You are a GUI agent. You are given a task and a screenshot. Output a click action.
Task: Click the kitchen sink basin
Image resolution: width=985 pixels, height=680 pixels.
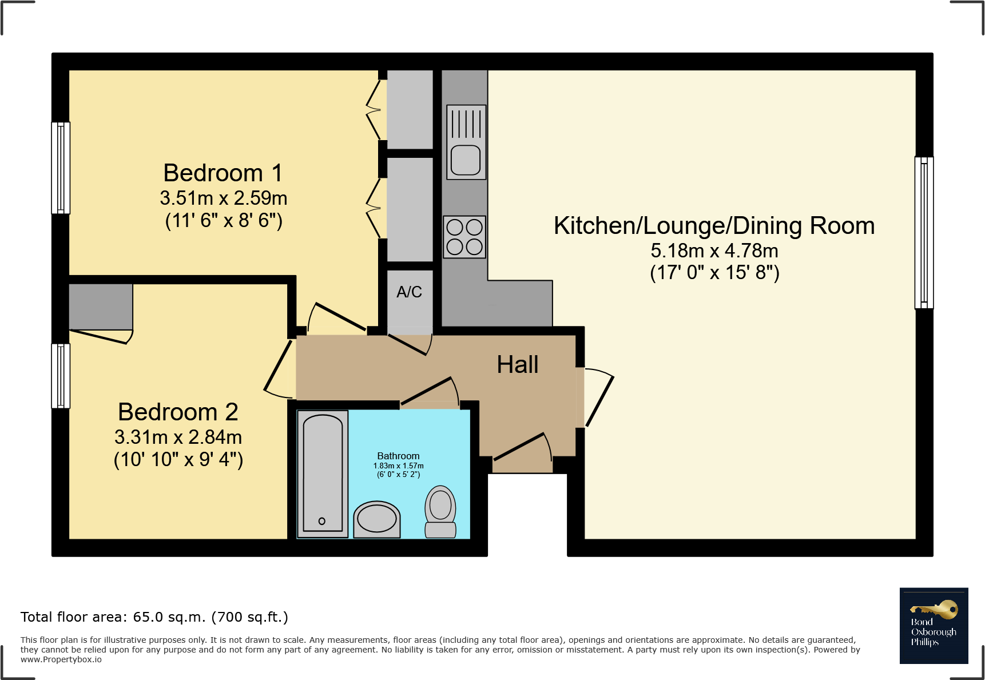pyautogui.click(x=466, y=160)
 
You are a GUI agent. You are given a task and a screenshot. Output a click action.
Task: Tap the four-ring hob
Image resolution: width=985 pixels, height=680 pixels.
pyautogui.click(x=464, y=237)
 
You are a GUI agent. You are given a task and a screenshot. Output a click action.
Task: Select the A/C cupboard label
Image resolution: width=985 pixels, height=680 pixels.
pyautogui.click(x=409, y=292)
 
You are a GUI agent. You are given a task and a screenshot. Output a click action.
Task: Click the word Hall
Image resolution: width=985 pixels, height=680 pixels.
pyautogui.click(x=517, y=365)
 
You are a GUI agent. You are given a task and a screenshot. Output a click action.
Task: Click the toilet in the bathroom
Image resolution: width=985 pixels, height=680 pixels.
pyautogui.click(x=440, y=511)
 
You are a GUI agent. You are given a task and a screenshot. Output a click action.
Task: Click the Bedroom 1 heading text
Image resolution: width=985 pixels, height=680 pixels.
pyautogui.click(x=223, y=173)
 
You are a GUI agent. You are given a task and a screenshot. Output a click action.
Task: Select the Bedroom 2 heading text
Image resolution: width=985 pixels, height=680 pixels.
pyautogui.click(x=178, y=412)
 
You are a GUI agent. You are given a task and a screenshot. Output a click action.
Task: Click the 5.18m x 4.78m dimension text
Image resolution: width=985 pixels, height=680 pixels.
pyautogui.click(x=714, y=250)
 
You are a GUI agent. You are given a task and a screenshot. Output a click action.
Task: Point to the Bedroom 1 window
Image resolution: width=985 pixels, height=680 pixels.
pyautogui.click(x=61, y=168)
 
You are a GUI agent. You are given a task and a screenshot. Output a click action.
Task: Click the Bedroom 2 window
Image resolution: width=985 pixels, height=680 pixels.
pyautogui.click(x=61, y=376)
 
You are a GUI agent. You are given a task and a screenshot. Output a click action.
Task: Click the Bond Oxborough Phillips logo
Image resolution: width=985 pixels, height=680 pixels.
pyautogui.click(x=934, y=625)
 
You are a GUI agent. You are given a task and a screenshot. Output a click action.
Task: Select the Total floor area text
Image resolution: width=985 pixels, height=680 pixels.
pyautogui.click(x=154, y=617)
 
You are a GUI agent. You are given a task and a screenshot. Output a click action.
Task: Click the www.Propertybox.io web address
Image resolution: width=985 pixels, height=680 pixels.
pyautogui.click(x=61, y=659)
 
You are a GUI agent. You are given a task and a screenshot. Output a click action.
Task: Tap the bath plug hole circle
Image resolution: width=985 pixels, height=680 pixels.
pyautogui.click(x=322, y=521)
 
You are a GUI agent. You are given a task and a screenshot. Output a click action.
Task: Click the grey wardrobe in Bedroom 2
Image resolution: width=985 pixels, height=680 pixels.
pyautogui.click(x=101, y=307)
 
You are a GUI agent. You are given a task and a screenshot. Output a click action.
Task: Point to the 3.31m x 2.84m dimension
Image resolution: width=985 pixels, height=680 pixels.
pyautogui.click(x=178, y=438)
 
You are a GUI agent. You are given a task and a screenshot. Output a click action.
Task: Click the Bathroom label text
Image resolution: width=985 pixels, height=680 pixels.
pyautogui.click(x=398, y=456)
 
